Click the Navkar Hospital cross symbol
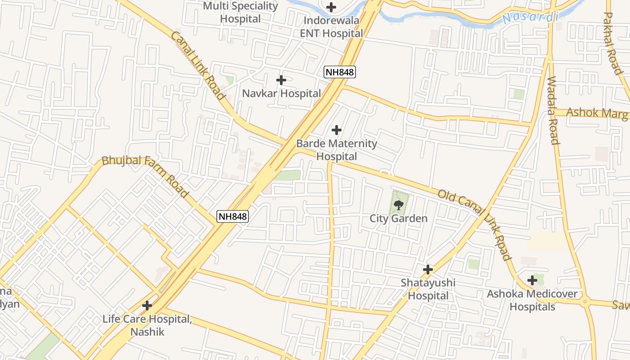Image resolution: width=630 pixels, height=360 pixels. tap(281, 80)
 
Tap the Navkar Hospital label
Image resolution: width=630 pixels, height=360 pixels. tap(281, 94)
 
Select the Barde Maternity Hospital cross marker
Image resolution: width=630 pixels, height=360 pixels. tap(336, 130)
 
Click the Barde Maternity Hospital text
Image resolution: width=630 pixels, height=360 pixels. tap(337, 150)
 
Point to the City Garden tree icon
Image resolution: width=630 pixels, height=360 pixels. tap(398, 206)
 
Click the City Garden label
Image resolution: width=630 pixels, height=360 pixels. tap(398, 219)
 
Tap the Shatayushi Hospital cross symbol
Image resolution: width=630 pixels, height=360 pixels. tap(428, 270)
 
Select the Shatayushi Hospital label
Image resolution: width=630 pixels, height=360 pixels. tap(428, 289)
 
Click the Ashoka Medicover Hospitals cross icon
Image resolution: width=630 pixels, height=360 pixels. tap(532, 280)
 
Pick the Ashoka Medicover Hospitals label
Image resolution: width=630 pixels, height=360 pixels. tap(532, 300)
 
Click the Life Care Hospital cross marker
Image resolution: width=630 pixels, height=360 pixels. tap(147, 306)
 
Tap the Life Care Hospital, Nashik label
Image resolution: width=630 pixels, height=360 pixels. tap(147, 325)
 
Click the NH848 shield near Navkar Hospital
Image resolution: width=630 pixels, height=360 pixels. tap(340, 72)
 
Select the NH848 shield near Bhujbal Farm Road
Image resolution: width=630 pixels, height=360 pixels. tap(233, 216)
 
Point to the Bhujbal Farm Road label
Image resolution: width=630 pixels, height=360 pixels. tap(145, 176)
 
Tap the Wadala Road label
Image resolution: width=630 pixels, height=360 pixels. tap(553, 110)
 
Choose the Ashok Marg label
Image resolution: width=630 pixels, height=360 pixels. tap(596, 112)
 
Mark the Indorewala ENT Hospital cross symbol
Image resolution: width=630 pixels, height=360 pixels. tap(331, 7)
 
